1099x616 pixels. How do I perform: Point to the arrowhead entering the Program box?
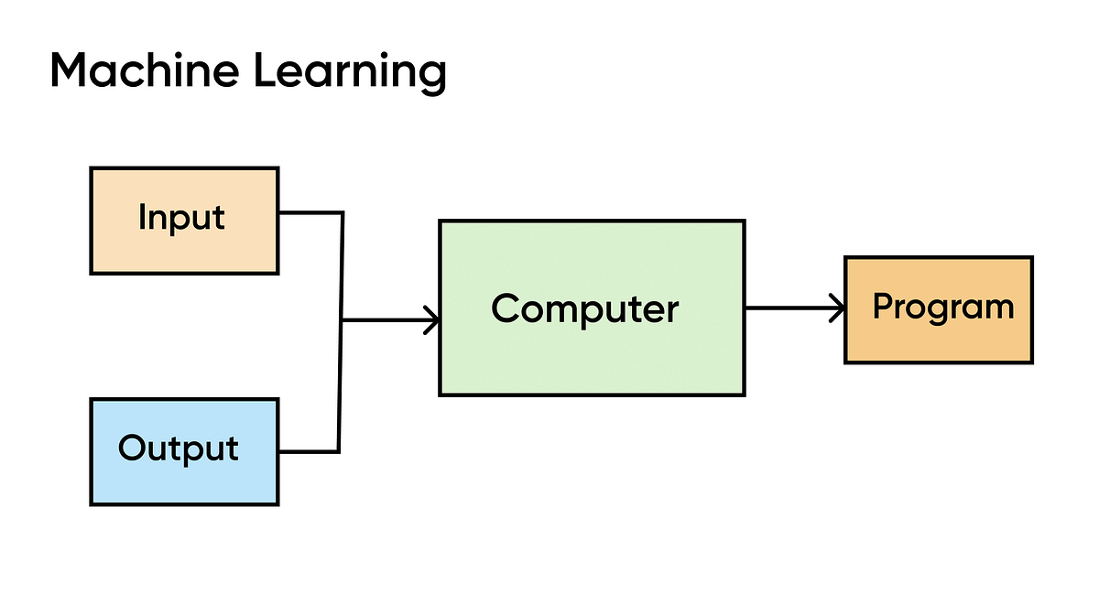(837, 308)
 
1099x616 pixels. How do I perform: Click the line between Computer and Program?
(788, 308)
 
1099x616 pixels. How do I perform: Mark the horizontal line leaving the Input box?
(310, 213)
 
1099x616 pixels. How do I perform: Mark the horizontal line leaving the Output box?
(309, 451)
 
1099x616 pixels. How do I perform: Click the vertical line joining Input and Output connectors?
(342, 384)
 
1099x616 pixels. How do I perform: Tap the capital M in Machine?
(70, 70)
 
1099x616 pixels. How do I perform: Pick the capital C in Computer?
(506, 308)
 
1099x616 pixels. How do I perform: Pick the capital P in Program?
(883, 306)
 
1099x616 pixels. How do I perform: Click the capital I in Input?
(142, 217)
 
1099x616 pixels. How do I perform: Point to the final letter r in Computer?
(671, 310)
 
